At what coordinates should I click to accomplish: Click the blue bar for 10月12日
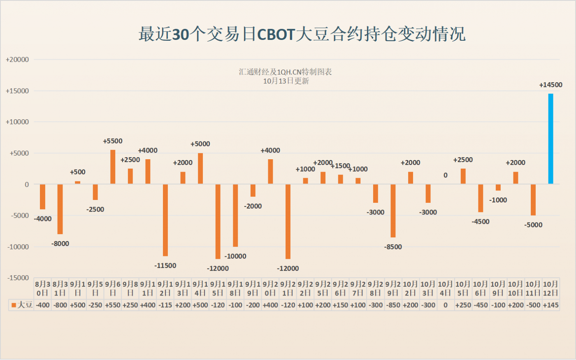(550, 139)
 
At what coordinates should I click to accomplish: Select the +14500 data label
(550, 85)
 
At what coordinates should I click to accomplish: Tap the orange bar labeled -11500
(165, 220)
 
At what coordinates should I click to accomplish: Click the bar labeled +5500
(113, 167)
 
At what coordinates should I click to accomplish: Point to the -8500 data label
(393, 247)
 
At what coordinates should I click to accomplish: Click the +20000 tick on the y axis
(17, 60)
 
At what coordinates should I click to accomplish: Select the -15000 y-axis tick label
(17, 278)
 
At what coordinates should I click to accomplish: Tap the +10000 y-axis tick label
(17, 122)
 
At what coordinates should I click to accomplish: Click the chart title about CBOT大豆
(302, 34)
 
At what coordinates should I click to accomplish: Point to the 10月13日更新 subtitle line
(286, 81)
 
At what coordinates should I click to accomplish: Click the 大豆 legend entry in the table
(21, 305)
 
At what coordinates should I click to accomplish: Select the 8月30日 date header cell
(43, 288)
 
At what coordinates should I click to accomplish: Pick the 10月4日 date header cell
(446, 288)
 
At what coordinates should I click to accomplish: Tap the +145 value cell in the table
(550, 305)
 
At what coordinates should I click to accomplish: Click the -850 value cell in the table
(393, 305)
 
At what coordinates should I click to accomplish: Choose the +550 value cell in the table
(113, 305)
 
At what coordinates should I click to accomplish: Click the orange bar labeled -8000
(60, 209)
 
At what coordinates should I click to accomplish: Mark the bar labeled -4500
(481, 198)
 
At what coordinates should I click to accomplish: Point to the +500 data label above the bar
(78, 172)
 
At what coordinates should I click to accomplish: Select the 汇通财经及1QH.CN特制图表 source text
(285, 72)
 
